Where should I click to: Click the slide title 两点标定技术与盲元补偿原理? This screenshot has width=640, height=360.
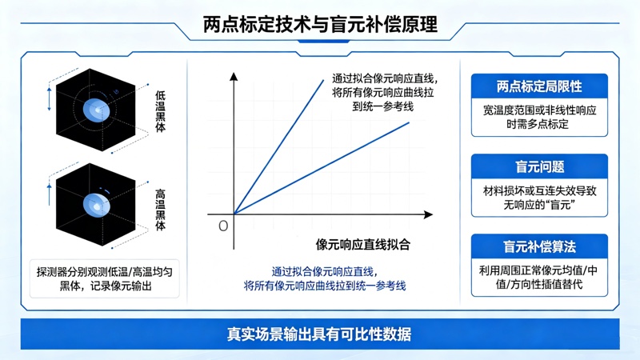321,25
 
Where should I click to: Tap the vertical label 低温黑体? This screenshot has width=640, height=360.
161,111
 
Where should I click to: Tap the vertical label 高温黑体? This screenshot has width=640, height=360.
161,210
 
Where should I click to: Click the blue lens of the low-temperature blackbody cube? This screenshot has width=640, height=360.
96,110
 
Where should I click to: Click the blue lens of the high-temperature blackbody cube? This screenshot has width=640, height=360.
96,205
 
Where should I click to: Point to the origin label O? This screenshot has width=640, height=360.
223,226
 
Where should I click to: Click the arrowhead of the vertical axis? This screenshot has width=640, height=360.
234,76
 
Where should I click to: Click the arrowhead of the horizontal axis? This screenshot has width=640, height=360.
429,214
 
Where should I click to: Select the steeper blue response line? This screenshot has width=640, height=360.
278,147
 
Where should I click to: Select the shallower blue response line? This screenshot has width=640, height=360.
322,168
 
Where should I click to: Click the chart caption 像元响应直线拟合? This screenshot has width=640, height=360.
363,245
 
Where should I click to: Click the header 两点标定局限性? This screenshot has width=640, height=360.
539,86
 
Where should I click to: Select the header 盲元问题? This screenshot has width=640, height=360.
539,167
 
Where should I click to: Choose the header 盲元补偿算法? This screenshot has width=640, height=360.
539,246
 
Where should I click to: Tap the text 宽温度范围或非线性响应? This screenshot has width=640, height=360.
539,110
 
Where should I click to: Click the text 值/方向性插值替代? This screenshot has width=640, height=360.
539,284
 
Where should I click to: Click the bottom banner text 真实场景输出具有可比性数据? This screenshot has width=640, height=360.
319,334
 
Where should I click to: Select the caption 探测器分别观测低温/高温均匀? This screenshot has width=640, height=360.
105,272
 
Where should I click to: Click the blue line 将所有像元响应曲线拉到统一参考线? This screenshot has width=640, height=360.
325,286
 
